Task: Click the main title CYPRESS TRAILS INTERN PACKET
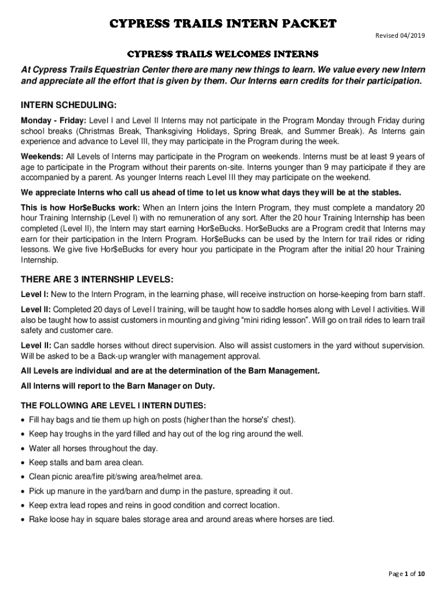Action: pyautogui.click(x=223, y=24)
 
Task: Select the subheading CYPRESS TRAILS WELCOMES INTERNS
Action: pyautogui.click(x=223, y=55)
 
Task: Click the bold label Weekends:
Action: pyautogui.click(x=42, y=157)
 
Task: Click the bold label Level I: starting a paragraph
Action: pyautogui.click(x=35, y=294)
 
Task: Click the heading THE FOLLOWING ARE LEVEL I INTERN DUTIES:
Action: pyautogui.click(x=113, y=405)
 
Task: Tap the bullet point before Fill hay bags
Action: pyautogui.click(x=23, y=419)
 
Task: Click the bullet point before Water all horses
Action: pyautogui.click(x=23, y=448)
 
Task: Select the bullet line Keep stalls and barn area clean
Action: pyautogui.click(x=86, y=462)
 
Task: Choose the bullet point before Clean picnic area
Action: pyautogui.click(x=23, y=477)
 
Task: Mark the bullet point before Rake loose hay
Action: pyautogui.click(x=23, y=520)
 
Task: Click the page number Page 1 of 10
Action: pyautogui.click(x=407, y=574)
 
